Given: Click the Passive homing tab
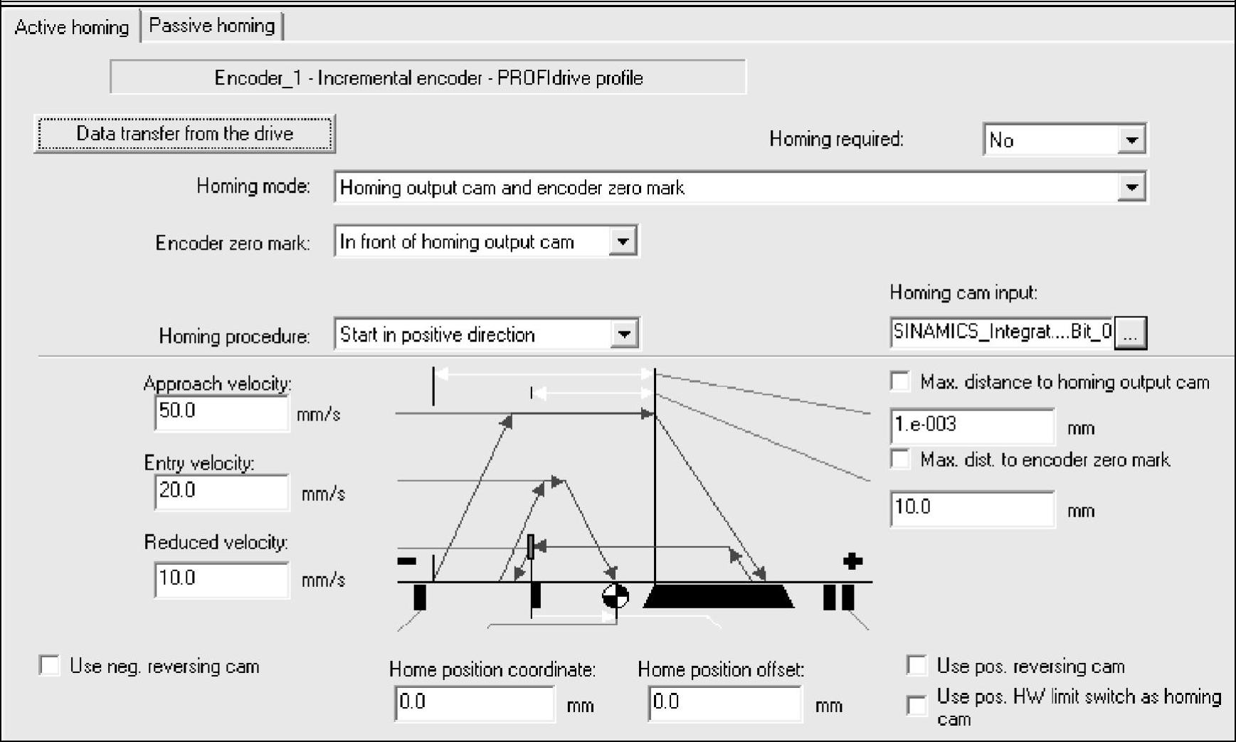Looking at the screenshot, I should point(211,26).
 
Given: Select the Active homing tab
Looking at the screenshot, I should point(71,28).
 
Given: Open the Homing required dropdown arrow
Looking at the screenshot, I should point(1131,140).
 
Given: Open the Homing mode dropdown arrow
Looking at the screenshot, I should point(1131,188).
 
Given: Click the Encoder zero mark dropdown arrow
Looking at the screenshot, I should point(623,242).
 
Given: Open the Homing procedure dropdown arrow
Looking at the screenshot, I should point(624,334).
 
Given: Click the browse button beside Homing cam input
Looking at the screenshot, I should point(1131,333).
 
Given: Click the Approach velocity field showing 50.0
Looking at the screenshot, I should point(221,413).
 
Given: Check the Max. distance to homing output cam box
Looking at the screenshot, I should point(900,382).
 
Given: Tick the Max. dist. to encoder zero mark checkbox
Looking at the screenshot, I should point(900,460).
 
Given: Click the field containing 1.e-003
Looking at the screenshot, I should point(971,426).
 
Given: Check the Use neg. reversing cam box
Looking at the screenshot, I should point(49,666).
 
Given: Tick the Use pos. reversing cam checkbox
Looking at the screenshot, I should point(917,666).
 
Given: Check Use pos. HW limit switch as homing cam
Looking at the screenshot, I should point(917,705).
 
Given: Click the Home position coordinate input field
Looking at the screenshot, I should point(475,704).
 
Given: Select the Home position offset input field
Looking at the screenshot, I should point(724,704).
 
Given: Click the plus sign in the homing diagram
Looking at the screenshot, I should point(852,561).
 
